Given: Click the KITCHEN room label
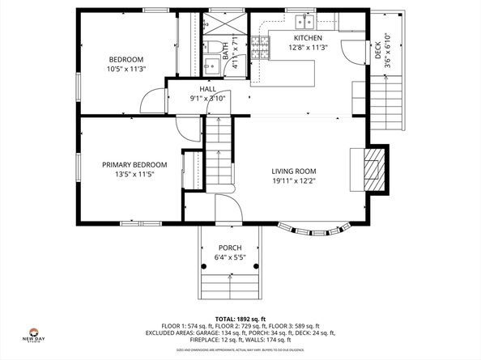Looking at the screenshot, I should tap(308, 38).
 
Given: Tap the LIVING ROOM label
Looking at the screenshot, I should tap(293, 171).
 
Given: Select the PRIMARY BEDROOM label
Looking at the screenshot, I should tap(134, 165).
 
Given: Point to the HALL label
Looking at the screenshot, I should tap(207, 88).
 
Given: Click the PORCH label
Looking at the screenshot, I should tap(230, 248).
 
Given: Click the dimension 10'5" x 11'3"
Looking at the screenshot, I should tap(126, 69).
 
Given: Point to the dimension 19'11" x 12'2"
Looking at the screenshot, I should tap(293, 181).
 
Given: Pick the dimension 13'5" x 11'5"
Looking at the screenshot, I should tap(134, 175).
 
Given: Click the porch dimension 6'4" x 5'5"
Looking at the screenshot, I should tap(230, 257).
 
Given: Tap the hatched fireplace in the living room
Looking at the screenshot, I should tap(373, 168).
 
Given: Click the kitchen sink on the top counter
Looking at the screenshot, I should tap(304, 21).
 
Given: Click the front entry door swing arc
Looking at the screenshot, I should tap(227, 205).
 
